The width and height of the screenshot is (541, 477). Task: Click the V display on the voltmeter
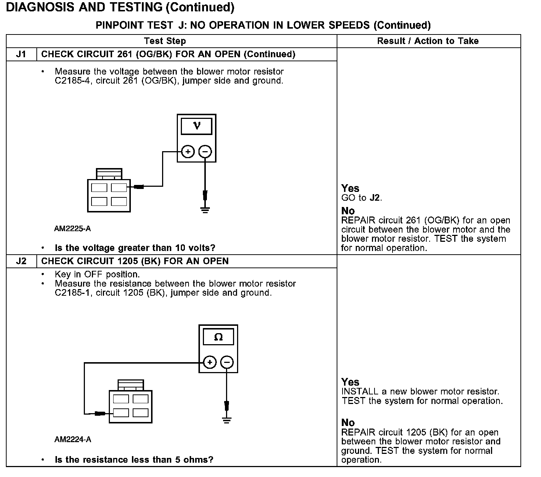point(197,126)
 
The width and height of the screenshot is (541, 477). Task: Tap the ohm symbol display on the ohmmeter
point(218,337)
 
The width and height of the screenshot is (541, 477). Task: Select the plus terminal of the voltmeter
point(188,151)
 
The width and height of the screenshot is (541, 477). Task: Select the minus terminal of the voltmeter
point(205,151)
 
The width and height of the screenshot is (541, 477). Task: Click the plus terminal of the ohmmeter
point(209,363)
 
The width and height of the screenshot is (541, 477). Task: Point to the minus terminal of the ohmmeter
point(227,363)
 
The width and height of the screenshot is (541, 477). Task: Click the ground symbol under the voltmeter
point(205,210)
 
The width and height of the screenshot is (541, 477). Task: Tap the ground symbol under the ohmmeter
point(227,420)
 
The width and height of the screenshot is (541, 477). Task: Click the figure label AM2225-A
point(72,229)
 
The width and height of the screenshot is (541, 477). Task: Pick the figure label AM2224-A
point(73,440)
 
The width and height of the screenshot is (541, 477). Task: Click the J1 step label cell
point(21,54)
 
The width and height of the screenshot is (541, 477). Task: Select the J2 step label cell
point(21,261)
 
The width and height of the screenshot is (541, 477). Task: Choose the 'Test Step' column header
point(165,41)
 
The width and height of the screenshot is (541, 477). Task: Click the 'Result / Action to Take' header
point(428,41)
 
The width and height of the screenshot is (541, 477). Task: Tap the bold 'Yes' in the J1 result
point(350,189)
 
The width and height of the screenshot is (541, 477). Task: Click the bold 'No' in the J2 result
point(348,423)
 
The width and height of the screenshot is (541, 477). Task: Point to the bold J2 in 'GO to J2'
point(375,198)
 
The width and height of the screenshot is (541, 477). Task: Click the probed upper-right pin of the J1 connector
point(119,187)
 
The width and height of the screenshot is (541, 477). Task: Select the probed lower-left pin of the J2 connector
point(121,413)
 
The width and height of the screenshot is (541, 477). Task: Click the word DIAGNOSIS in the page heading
point(40,7)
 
